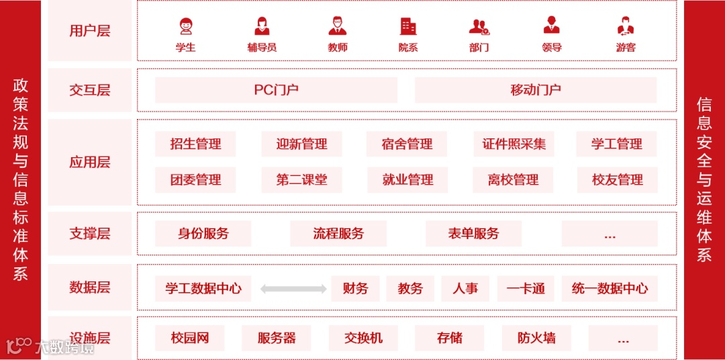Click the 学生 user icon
tap(186, 26)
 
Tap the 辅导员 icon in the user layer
tap(262, 26)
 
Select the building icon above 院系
tap(408, 26)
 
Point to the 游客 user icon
tap(626, 26)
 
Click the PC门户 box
tap(276, 90)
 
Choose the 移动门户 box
tap(536, 90)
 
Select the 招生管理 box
tap(195, 144)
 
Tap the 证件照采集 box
tap(514, 144)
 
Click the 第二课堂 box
tap(302, 180)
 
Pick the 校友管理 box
tap(617, 180)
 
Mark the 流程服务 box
tap(338, 234)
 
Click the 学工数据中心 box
tap(203, 289)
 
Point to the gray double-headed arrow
tap(293, 289)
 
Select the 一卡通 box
tap(526, 289)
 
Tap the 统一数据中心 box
tap(610, 289)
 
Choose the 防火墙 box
tap(536, 339)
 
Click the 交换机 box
tap(363, 339)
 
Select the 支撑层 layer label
tap(90, 234)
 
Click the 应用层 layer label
tap(90, 162)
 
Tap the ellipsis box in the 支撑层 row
tap(610, 234)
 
